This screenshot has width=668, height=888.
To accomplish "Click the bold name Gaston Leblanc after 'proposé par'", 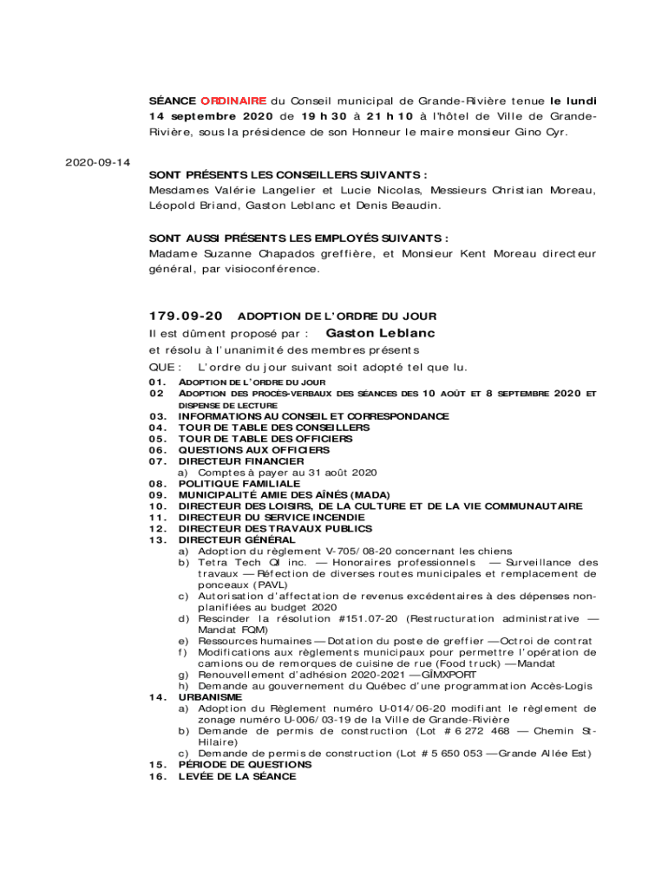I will click(380, 333).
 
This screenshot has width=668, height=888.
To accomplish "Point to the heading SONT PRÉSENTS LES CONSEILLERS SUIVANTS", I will click(287, 173).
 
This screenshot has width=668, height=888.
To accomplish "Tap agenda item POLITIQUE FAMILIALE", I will click(239, 483).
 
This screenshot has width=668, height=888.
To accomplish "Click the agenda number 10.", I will click(157, 506).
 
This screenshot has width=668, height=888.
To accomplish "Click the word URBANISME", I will click(211, 696).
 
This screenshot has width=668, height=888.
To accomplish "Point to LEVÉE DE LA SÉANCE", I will click(237, 776).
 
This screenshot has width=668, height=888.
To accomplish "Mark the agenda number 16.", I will click(157, 776).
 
